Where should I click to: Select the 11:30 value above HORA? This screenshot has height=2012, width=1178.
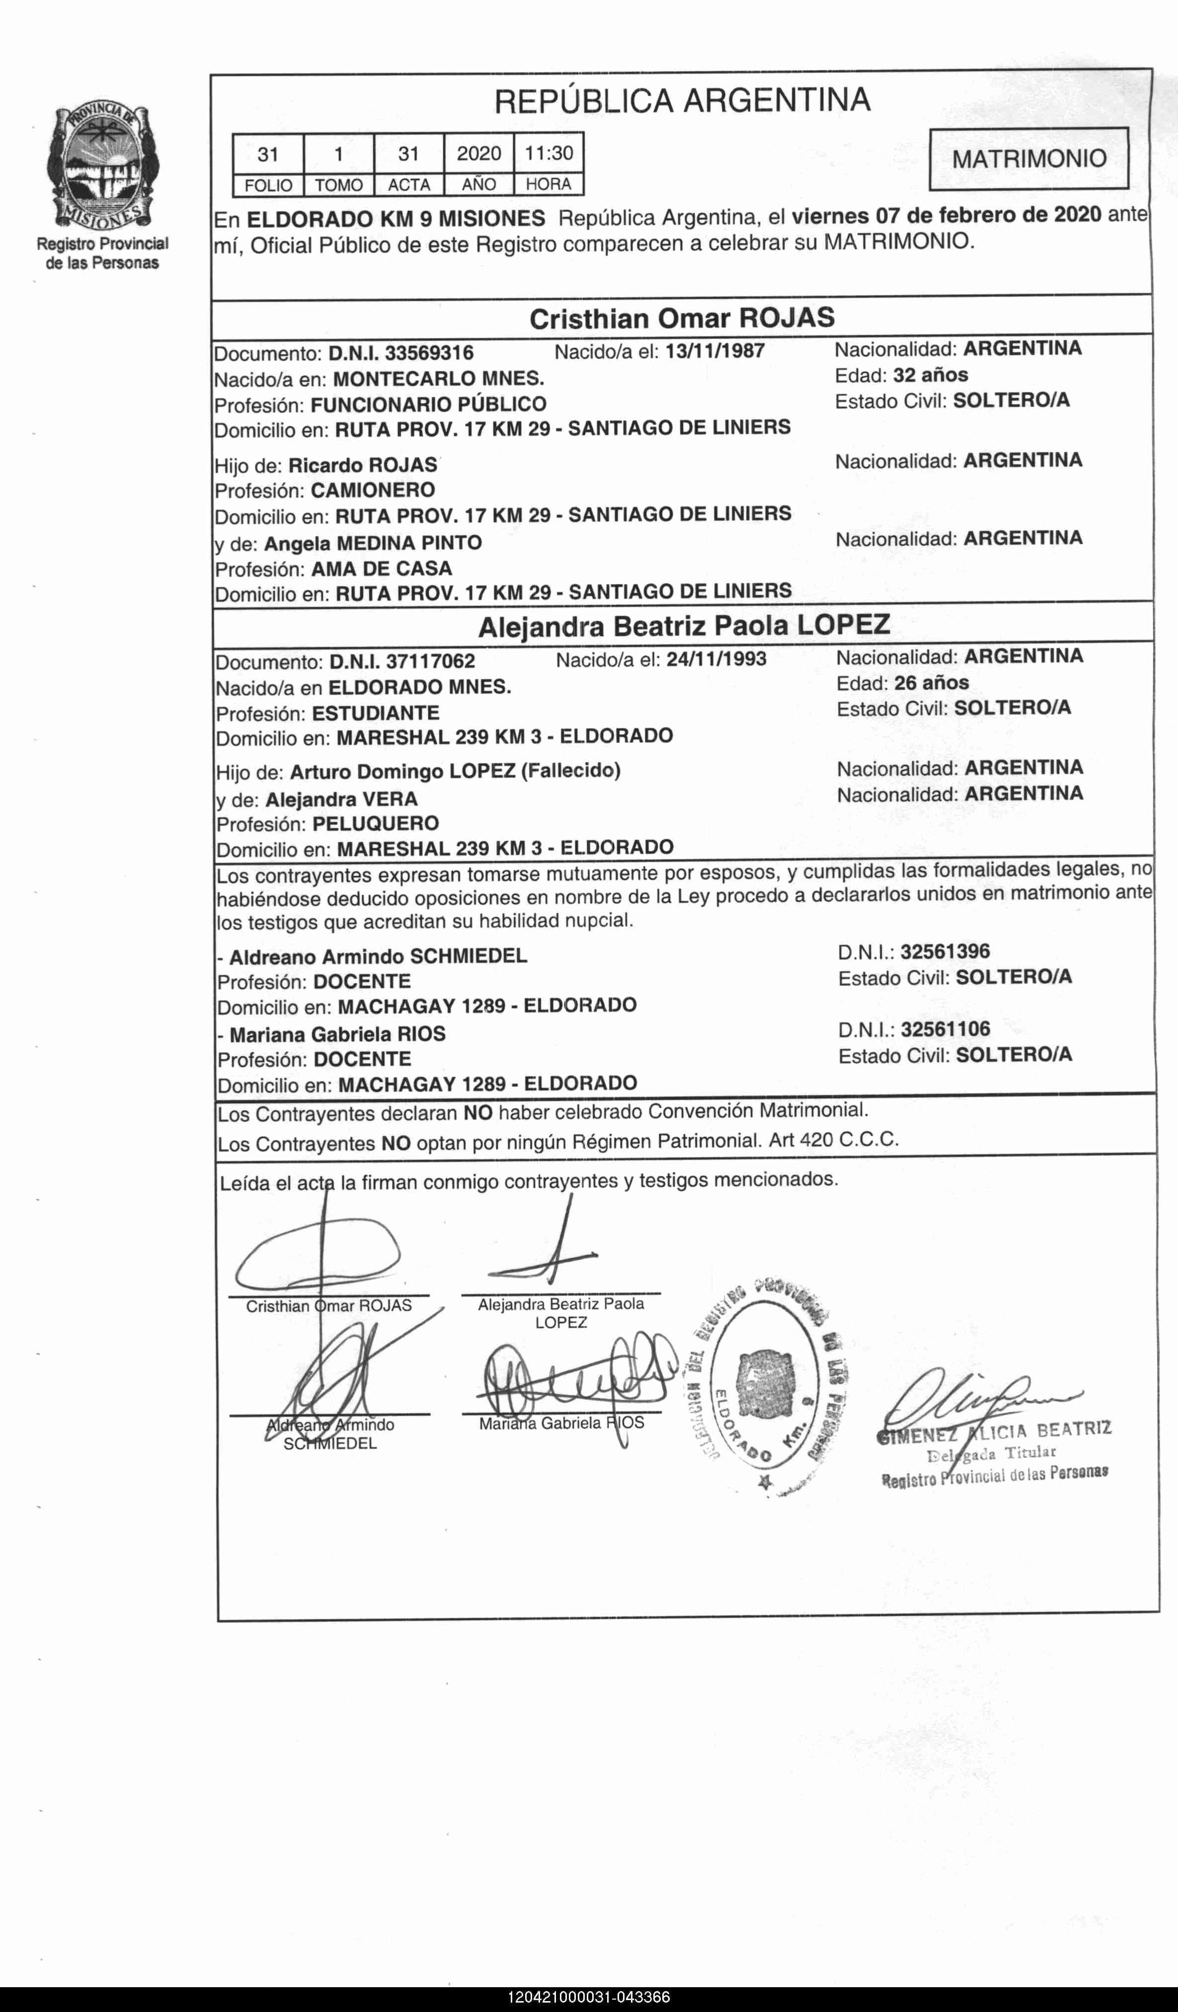[x=549, y=152]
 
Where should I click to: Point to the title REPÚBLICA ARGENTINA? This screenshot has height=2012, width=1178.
[x=682, y=101]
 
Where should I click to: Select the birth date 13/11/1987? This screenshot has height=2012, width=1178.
[x=715, y=351]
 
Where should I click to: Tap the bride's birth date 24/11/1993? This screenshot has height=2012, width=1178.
[x=716, y=659]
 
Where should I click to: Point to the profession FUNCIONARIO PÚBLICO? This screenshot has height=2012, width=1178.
[x=428, y=404]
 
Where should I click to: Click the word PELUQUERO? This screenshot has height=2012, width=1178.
[x=376, y=823]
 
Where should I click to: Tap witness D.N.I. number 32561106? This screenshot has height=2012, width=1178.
[x=945, y=1029]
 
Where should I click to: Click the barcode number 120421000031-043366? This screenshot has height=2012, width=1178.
[x=589, y=1998]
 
